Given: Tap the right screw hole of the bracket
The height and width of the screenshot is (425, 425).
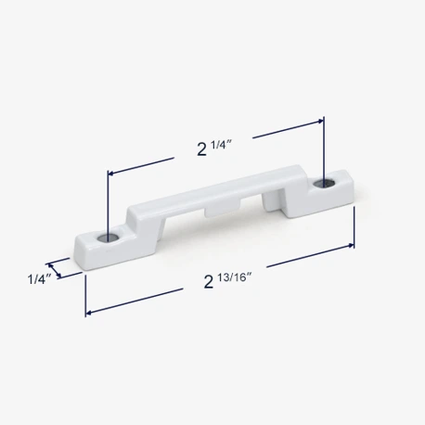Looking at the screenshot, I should coord(324,184).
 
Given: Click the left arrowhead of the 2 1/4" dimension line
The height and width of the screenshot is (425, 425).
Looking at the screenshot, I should coord(112,173).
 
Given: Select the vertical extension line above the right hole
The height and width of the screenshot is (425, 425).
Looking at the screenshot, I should coord(324,148).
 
